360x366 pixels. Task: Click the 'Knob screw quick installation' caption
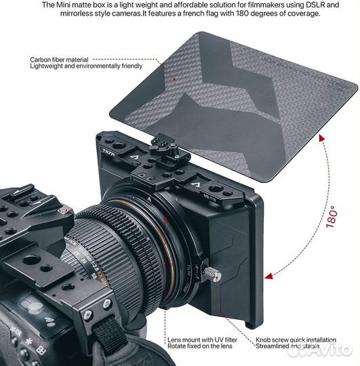pos(296,340)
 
